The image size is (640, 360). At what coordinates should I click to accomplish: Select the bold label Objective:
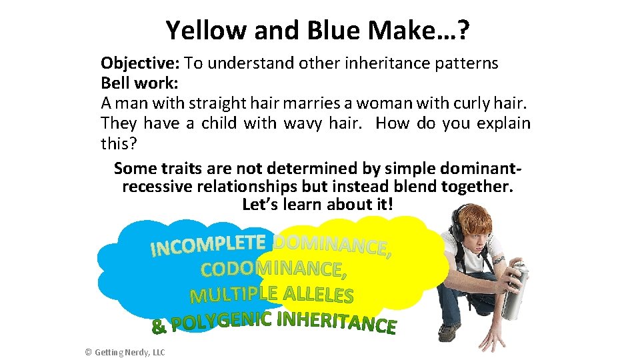[x=140, y=63]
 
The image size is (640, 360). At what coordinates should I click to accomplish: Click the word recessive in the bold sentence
[x=157, y=186]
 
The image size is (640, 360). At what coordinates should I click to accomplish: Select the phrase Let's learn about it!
[x=318, y=204]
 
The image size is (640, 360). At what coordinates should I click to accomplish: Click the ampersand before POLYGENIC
[x=158, y=327]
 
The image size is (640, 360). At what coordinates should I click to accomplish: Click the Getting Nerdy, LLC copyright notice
[x=125, y=352]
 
